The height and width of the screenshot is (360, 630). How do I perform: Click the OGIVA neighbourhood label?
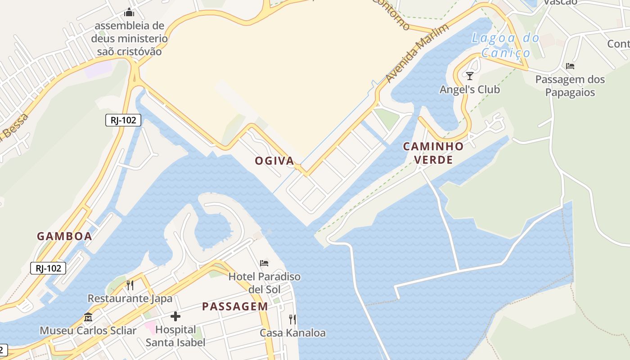[274, 161]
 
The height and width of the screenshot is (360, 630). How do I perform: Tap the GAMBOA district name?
[64, 236]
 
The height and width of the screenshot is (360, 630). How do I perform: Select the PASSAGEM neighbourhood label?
[235, 306]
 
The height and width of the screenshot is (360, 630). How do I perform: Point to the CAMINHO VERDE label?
[433, 153]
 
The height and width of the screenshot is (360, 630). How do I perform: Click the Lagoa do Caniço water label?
[505, 45]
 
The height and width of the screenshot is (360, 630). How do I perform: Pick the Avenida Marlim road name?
[417, 54]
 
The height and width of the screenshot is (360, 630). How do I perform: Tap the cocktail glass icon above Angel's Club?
[470, 76]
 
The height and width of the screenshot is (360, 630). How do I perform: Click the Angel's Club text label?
[470, 90]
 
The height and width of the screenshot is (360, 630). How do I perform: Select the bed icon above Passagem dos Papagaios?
[570, 66]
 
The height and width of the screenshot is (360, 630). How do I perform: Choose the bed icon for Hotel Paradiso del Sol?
[264, 263]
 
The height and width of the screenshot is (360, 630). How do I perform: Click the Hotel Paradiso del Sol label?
[264, 283]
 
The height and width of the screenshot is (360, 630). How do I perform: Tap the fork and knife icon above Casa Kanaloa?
[292, 319]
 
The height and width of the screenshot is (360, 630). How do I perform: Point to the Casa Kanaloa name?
[292, 333]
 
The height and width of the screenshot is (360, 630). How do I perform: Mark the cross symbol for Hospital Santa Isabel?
[175, 316]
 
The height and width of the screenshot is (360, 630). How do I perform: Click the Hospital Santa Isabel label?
[175, 336]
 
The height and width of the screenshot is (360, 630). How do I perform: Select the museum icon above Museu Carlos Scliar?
[88, 317]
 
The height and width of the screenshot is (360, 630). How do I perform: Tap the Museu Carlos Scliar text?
[88, 331]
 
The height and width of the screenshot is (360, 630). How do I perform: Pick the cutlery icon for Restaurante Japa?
[130, 285]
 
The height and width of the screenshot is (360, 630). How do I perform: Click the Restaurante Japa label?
[130, 298]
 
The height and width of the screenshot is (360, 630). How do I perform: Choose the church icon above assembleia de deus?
[129, 12]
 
